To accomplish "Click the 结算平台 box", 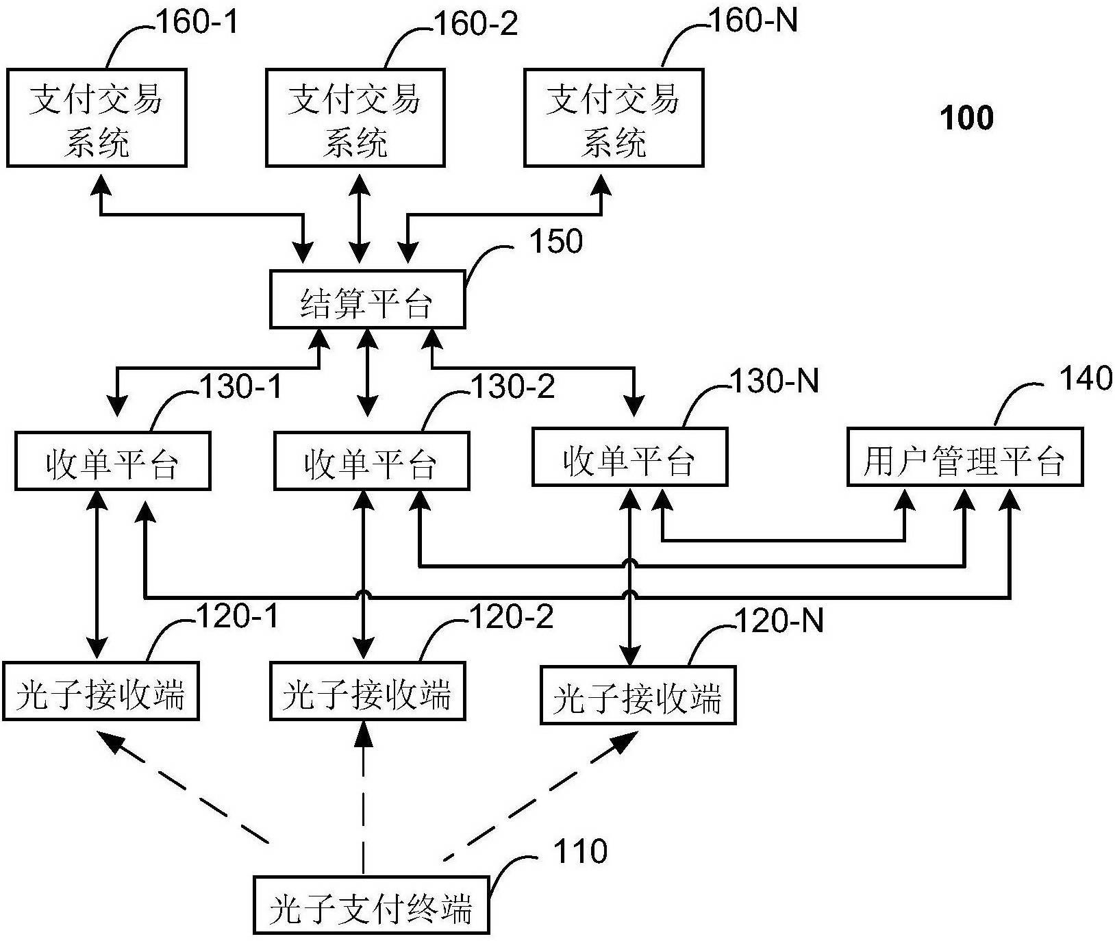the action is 368,299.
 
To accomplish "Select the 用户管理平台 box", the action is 965,457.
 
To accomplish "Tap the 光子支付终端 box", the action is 371,904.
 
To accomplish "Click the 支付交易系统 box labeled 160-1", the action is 97,118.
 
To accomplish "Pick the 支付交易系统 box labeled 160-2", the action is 355,118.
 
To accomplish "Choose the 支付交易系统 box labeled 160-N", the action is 614,118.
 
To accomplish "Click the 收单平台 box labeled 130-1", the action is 112,460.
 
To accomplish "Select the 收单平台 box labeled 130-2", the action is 371,460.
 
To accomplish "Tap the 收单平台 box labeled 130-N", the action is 629,457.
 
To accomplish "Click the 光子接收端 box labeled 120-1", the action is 101,690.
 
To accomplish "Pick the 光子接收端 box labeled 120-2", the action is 368,690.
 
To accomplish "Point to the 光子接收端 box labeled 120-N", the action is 638,694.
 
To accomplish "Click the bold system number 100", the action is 967,118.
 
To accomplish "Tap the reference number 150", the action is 556,241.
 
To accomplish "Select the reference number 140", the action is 1086,378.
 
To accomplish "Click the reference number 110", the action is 581,851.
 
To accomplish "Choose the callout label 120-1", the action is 237,617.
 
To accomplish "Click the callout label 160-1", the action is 199,23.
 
